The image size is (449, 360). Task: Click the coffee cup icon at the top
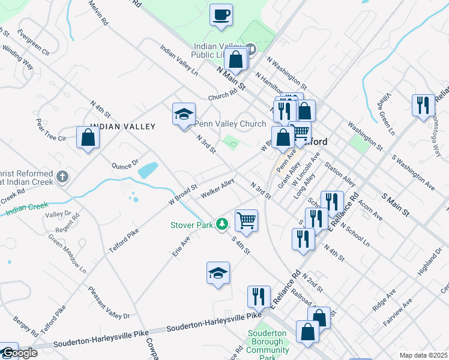click(221, 14)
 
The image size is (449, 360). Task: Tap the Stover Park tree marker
click(223, 224)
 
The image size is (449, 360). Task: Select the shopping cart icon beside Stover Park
click(246, 220)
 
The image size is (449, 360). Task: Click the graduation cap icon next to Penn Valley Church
click(184, 113)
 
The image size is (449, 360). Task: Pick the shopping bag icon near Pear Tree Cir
click(88, 137)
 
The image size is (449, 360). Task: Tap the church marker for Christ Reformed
click(64, 177)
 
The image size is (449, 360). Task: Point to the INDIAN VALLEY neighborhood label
click(122, 127)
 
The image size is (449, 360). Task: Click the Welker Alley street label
click(217, 188)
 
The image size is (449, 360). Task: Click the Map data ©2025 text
click(423, 355)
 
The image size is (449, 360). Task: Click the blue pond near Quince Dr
click(148, 171)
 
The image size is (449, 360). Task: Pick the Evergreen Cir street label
click(34, 41)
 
